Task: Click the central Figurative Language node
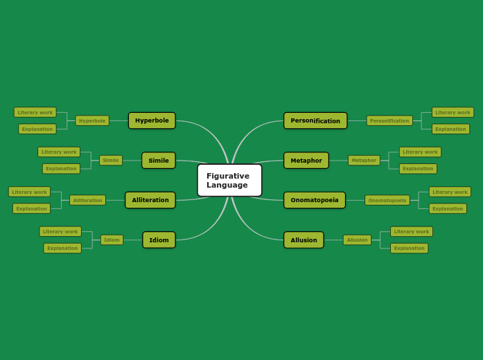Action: point(229,180)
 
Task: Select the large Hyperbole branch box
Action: point(152,120)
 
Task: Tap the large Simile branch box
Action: point(159,161)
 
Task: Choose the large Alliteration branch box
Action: point(150,200)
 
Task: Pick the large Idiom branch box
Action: point(159,240)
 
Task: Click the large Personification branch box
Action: point(315,120)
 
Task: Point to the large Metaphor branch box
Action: point(306,161)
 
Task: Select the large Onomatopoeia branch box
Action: point(315,200)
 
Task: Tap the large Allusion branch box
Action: point(304,240)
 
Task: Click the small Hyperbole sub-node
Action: point(92,120)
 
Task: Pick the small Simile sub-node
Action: point(111,161)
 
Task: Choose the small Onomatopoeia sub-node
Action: point(387,200)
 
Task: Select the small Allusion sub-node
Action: point(357,240)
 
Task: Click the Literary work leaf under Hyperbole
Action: point(35,112)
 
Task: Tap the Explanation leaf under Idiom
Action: point(62,248)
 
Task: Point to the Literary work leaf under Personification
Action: point(453,112)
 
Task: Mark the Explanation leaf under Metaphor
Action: point(418,169)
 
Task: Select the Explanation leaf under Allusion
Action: point(409,248)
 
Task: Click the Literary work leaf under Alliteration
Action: point(30,192)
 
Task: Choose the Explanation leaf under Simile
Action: point(61,169)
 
